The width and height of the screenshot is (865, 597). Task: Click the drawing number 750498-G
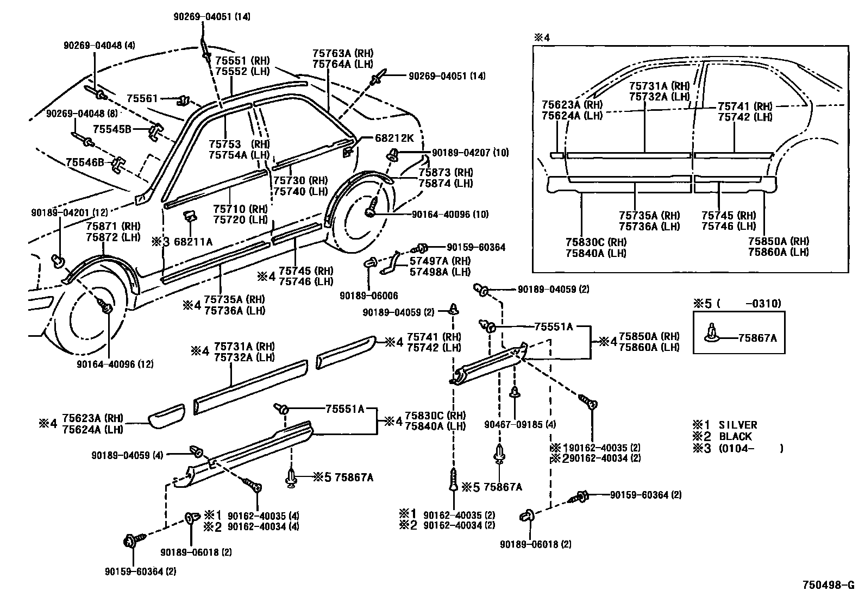pyautogui.click(x=829, y=585)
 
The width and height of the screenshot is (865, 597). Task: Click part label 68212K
pyautogui.click(x=394, y=139)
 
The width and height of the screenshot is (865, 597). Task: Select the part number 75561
pyautogui.click(x=142, y=98)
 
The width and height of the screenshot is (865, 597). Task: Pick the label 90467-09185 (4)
pyautogui.click(x=520, y=424)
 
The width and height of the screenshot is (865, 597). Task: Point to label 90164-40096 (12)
pyautogui.click(x=115, y=364)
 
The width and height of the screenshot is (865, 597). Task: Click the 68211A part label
pyautogui.click(x=190, y=242)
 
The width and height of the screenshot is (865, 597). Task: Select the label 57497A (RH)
pyautogui.click(x=440, y=261)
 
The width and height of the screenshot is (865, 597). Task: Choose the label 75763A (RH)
pyautogui.click(x=342, y=54)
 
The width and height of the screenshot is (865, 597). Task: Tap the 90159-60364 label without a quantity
pyautogui.click(x=476, y=248)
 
